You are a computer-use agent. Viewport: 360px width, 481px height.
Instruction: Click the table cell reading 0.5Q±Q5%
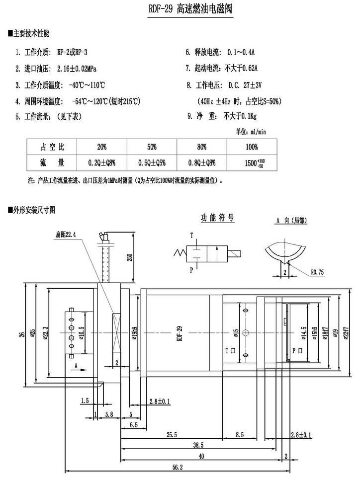click(x=152, y=162)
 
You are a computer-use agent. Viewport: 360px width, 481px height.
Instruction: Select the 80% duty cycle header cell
click(x=201, y=147)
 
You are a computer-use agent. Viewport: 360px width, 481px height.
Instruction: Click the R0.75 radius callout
click(x=318, y=272)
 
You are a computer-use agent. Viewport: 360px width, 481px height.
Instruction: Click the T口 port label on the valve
click(x=230, y=350)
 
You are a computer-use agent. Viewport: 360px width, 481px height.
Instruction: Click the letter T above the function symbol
click(x=192, y=234)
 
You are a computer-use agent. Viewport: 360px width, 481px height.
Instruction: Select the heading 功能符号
click(x=217, y=218)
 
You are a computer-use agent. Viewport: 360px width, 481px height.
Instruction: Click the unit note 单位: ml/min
click(x=251, y=132)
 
